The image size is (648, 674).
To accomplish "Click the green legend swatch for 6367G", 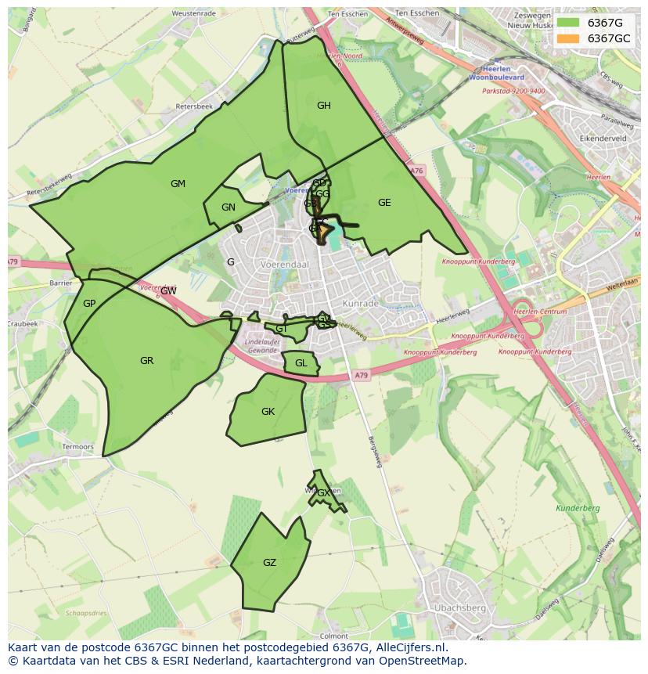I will point(569,23).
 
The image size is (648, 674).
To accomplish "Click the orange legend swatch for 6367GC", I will point(569,38).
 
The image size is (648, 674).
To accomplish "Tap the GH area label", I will point(323,106).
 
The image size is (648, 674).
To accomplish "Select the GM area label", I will point(178,184).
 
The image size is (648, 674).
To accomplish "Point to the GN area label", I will point(229,207).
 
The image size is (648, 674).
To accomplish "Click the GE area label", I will point(384,203).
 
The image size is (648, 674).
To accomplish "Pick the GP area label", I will point(89,304).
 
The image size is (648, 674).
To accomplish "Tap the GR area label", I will point(146,361).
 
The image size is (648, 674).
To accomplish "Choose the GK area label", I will point(268,412).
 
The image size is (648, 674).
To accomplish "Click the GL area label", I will point(301,363).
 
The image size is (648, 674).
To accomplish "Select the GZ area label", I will point(269,563).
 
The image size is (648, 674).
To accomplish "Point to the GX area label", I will point(323,493).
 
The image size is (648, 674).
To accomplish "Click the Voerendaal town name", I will point(286,265).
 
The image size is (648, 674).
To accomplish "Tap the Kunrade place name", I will point(360,303).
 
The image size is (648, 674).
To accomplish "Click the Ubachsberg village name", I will point(459,607).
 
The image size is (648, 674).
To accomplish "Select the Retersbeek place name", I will point(194,106).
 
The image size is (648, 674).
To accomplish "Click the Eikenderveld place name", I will point(603,138).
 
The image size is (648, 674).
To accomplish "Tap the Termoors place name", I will point(77,447).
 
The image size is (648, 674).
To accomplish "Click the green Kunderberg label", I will point(578,508).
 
